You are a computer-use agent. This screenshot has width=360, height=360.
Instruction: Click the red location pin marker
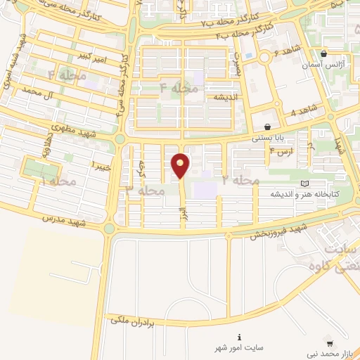coord(181,165)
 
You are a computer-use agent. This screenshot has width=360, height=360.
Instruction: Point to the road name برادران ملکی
coord(139,320)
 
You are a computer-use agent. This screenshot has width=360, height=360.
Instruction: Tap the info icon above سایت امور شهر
coord(240,337)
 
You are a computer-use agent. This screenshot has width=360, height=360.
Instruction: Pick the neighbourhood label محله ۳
coord(145,190)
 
